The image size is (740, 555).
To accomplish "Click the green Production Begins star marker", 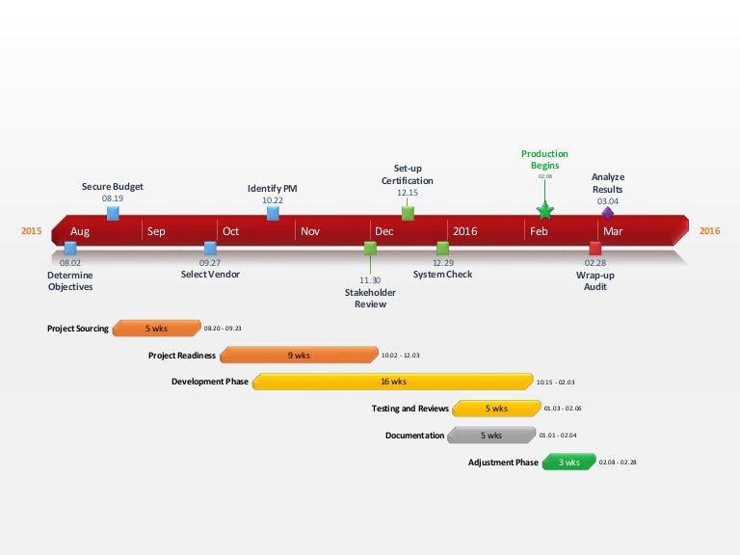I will pos(544,210).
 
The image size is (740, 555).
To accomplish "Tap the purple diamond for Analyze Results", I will pos(607,213).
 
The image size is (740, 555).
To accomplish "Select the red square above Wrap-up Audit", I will pos(595,249).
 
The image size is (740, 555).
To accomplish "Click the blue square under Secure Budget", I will pos(113,213).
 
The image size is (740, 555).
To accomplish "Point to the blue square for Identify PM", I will pos(273,213).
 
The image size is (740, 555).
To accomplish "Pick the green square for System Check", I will pos(442,249).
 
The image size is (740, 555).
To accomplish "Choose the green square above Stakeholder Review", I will pos(370,249).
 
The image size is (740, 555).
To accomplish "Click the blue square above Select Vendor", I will pos(210,249).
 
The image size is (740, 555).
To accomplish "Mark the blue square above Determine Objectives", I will pos(70,249).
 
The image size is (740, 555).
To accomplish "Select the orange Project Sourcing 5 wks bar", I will pos(156,329).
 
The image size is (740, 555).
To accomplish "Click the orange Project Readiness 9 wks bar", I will pos(299,356).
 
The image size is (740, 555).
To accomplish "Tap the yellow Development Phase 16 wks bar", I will pos(392,382).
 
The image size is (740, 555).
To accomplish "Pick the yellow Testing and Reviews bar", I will pos(494,409).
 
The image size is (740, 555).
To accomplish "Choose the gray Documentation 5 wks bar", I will pos(491,436).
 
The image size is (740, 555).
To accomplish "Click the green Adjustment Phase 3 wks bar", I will pos(568,462).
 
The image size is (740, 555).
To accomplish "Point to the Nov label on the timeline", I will pos(310,231).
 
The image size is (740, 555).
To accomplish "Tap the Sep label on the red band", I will pos(157,231).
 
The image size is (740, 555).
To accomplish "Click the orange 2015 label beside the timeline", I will pos(32,231).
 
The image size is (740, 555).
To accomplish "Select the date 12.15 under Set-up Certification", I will pos(408,193).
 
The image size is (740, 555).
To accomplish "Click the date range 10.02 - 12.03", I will pos(401,356).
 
